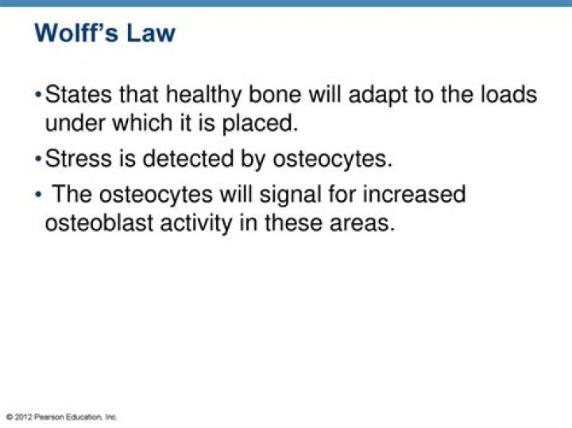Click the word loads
[x=506, y=95]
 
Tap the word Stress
[x=79, y=159]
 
